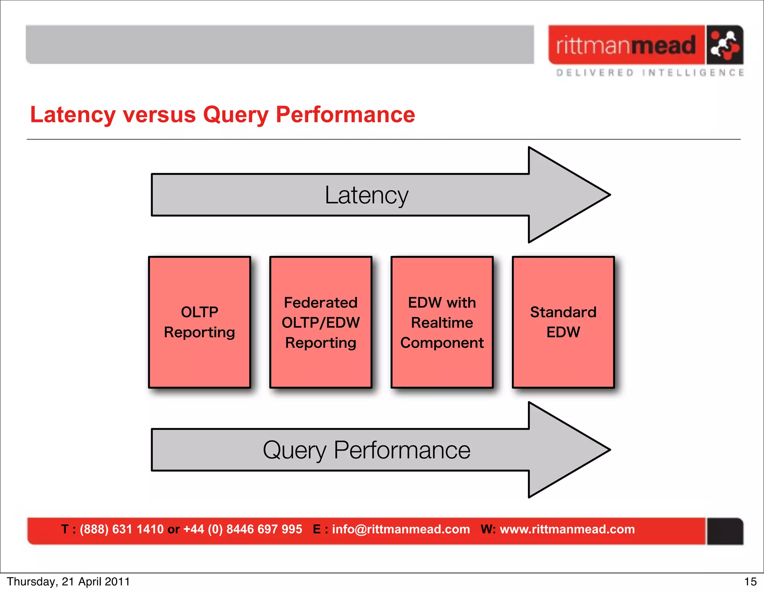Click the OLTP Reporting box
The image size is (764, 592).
click(200, 322)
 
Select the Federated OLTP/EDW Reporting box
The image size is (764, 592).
click(321, 322)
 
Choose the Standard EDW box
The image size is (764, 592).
click(563, 322)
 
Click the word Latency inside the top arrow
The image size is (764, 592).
click(367, 195)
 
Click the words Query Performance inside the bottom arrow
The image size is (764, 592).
click(367, 450)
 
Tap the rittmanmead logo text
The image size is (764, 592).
click(626, 45)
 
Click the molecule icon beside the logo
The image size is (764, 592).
click(724, 45)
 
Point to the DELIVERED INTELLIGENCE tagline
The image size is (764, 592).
click(650, 72)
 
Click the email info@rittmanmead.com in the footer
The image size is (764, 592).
click(401, 529)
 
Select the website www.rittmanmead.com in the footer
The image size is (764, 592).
click(567, 529)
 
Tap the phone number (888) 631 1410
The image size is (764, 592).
click(122, 529)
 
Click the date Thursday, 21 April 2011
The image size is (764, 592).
click(68, 582)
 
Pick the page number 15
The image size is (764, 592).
click(750, 582)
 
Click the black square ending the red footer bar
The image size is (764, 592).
click(725, 531)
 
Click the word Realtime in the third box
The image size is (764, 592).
click(442, 323)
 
